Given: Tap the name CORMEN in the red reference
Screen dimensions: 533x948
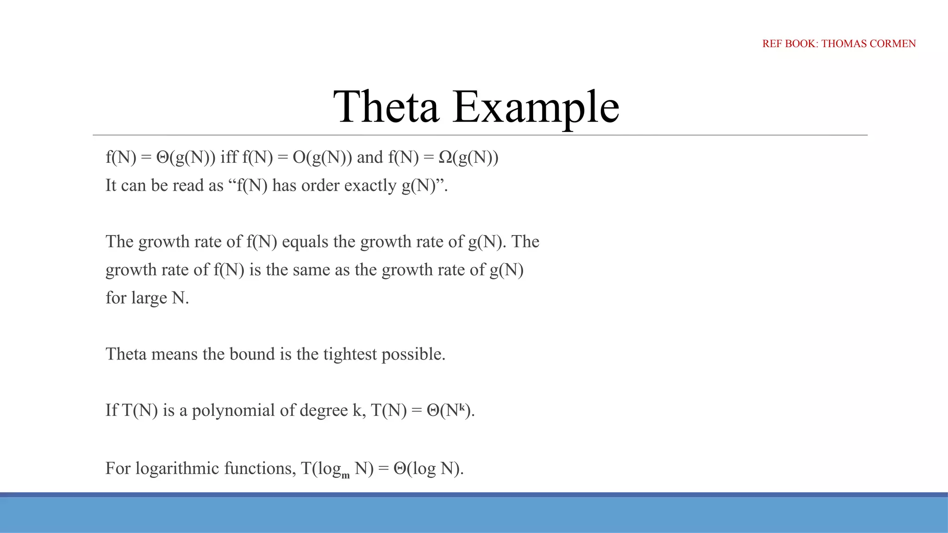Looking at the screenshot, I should pos(893,43).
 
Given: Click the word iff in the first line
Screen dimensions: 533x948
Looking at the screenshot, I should pos(229,157).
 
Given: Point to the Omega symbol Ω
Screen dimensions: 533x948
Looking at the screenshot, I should pos(445,158).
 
